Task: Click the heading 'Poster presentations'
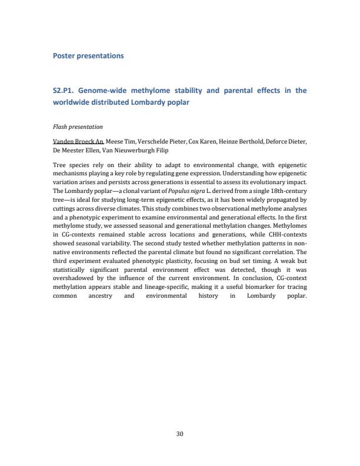coord(88,56)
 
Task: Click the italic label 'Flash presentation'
coord(78,127)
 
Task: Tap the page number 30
coord(180,434)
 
